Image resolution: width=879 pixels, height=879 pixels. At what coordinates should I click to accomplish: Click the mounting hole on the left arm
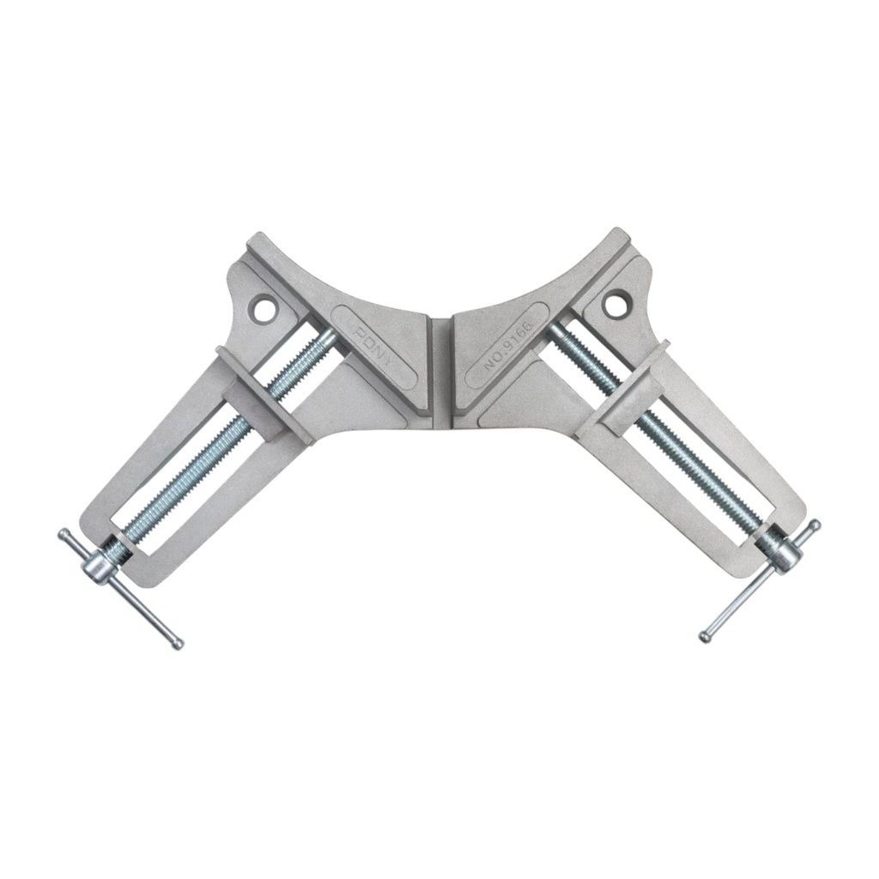click(264, 304)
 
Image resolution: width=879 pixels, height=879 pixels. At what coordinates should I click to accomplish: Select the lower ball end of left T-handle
click(177, 641)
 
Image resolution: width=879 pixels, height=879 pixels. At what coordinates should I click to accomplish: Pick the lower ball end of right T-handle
click(704, 636)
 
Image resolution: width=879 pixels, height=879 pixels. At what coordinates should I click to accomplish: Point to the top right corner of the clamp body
click(620, 234)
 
